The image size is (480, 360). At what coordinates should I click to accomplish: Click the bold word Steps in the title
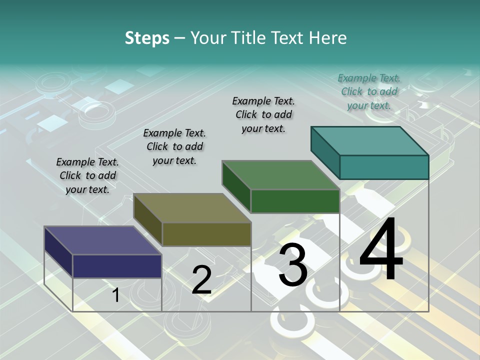coord(147,38)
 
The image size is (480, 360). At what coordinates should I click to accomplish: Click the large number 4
coord(381,249)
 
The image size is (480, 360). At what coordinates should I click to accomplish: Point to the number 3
coord(293,265)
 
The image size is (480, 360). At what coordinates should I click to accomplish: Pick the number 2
coord(201,280)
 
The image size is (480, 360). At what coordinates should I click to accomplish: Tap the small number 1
coord(115,295)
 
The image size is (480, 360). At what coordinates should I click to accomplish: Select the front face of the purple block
coord(117,266)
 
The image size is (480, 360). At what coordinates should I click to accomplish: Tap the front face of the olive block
coord(206,234)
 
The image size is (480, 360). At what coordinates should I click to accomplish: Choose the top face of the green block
coord(280,175)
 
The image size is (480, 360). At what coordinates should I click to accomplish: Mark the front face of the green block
coord(295,201)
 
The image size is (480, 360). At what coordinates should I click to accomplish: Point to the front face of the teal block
coord(384,167)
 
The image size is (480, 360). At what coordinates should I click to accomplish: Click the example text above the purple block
coord(87,175)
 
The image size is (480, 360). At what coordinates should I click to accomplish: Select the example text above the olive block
coord(174,146)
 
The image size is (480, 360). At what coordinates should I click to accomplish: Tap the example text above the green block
coord(263,114)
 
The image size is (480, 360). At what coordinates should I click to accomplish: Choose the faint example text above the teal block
coord(369,91)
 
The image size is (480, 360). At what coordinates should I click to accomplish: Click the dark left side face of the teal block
coord(325,150)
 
